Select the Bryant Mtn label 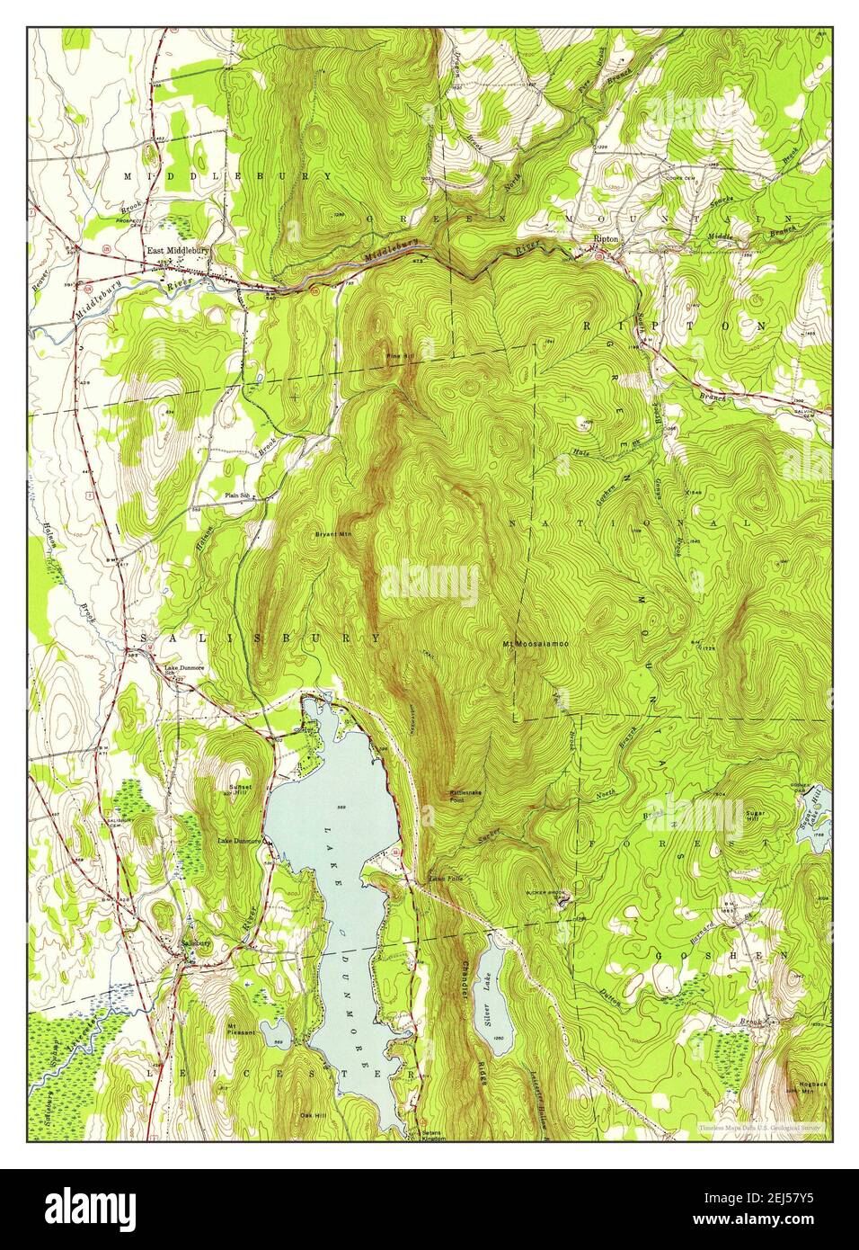[331, 534]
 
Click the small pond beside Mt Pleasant [273, 1029]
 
